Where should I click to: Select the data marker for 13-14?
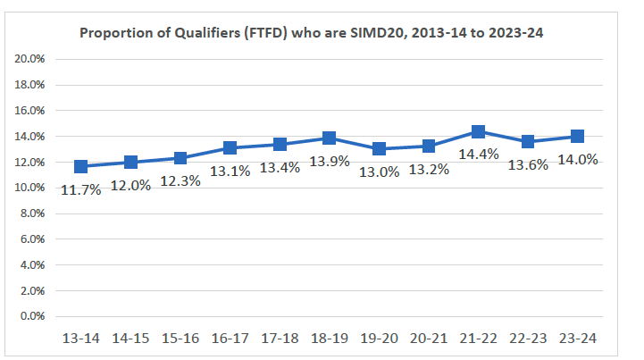click(81, 166)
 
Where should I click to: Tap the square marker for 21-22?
click(478, 132)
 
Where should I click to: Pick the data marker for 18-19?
click(329, 138)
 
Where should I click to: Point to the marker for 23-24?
click(577, 137)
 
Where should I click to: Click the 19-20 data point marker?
click(379, 149)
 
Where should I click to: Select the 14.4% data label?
click(478, 155)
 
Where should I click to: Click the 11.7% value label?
click(81, 188)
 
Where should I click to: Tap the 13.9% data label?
click(329, 161)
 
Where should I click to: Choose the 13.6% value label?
click(528, 164)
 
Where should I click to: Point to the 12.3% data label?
click(180, 180)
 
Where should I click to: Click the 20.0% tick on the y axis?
click(31, 59)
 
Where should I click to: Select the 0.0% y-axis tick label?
click(33, 316)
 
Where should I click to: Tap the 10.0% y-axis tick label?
click(31, 188)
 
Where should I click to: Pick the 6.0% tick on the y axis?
click(33, 239)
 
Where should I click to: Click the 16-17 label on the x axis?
click(230, 339)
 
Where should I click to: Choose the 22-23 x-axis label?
click(528, 339)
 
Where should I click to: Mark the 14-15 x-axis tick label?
click(130, 339)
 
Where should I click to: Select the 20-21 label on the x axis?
click(429, 339)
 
